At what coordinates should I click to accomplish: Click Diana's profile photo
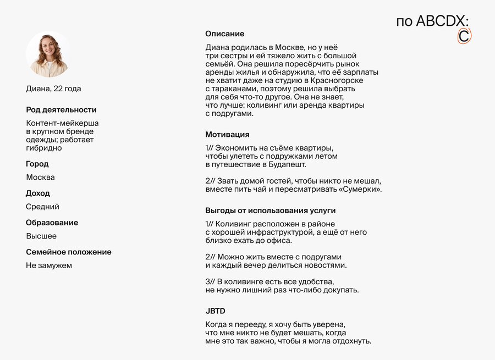pyautogui.click(x=47, y=54)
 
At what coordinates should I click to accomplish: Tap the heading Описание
pyautogui.click(x=224, y=34)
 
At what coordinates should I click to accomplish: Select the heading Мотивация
pyautogui.click(x=227, y=135)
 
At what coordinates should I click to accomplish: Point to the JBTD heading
pyautogui.click(x=215, y=311)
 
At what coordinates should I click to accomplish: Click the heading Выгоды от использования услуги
pyautogui.click(x=270, y=211)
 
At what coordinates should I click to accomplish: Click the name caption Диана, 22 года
pyautogui.click(x=53, y=88)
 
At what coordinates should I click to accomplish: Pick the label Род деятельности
pyautogui.click(x=61, y=110)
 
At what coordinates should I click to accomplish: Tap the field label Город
pyautogui.click(x=37, y=164)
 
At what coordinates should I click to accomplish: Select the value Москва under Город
pyautogui.click(x=41, y=178)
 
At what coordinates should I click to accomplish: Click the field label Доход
pyautogui.click(x=38, y=193)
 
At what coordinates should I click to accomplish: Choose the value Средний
pyautogui.click(x=42, y=207)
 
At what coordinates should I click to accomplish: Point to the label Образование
pyautogui.click(x=52, y=223)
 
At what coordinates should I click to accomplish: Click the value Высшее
pyautogui.click(x=41, y=236)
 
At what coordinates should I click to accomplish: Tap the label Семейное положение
pyautogui.click(x=69, y=252)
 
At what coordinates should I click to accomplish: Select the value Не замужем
pyautogui.click(x=49, y=265)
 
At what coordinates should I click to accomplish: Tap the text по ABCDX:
pyautogui.click(x=432, y=21)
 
